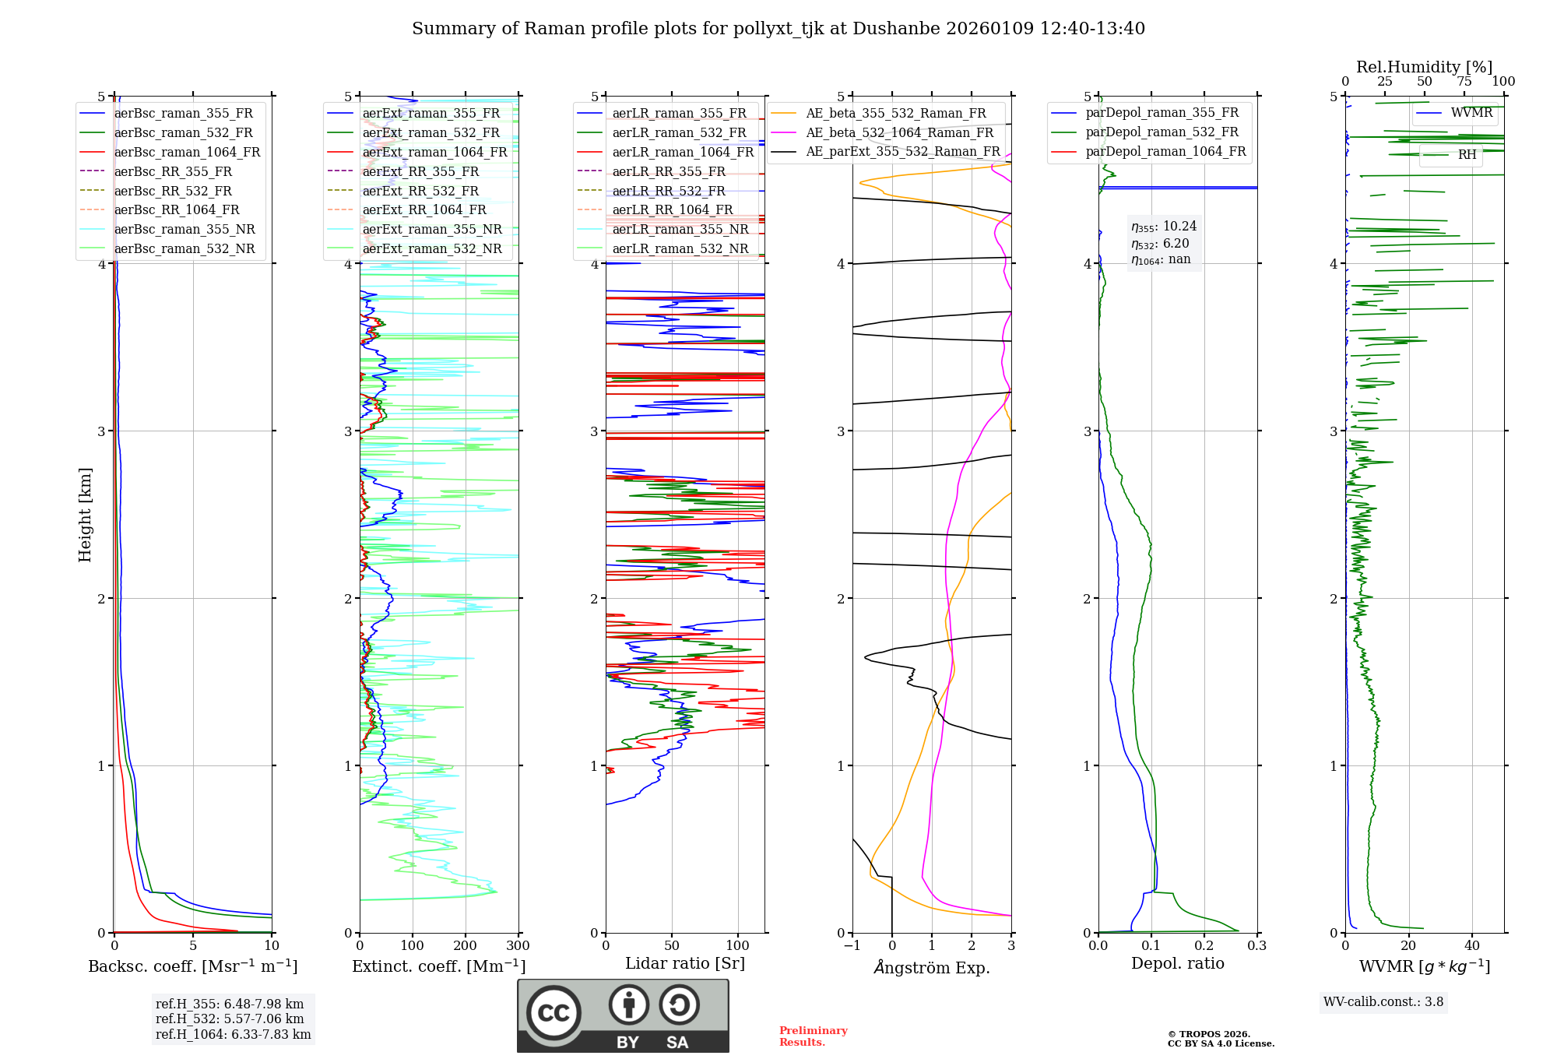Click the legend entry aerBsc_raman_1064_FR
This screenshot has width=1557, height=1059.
(x=187, y=152)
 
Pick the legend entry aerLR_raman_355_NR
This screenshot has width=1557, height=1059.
(x=680, y=229)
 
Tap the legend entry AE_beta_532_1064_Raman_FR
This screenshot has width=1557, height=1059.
(x=899, y=132)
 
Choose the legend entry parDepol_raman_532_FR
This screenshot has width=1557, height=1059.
(x=1162, y=132)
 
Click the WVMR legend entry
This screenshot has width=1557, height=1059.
(x=1471, y=113)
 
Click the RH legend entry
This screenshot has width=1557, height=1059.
(x=1467, y=154)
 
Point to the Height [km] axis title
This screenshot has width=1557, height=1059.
(x=85, y=515)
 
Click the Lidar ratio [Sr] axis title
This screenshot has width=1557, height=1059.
(x=684, y=963)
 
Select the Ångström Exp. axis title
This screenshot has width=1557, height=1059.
(x=931, y=967)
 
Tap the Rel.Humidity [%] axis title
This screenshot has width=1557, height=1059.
(x=1424, y=67)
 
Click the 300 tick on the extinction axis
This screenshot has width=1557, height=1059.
(x=518, y=946)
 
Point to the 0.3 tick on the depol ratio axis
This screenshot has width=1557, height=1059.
(x=1256, y=946)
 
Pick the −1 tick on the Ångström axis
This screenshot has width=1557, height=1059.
(x=852, y=946)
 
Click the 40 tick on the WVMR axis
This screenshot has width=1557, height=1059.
(x=1471, y=946)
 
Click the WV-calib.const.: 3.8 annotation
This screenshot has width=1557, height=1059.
(x=1383, y=1002)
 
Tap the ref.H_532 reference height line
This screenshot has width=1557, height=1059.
(x=230, y=1019)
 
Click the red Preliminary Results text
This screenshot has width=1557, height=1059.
(x=813, y=1036)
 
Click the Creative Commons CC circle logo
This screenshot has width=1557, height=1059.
(x=554, y=1012)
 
